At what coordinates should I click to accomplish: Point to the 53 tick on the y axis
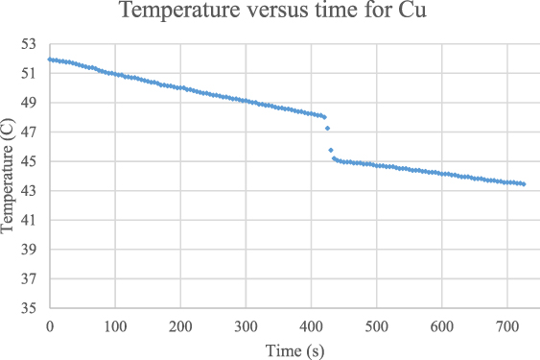click(x=27, y=43)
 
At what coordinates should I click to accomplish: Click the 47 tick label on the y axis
click(x=27, y=132)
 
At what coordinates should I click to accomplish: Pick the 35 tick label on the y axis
click(x=27, y=309)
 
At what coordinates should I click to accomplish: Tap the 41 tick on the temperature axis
click(x=27, y=220)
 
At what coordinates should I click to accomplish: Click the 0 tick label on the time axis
click(x=49, y=326)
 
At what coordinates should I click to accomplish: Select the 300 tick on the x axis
click(x=246, y=326)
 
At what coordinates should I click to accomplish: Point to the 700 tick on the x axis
click(x=507, y=326)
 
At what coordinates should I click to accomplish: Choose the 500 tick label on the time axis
click(x=377, y=326)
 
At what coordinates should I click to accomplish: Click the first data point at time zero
click(x=49, y=60)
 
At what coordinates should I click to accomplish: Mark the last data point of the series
click(x=524, y=183)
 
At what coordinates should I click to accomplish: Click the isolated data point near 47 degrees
click(x=327, y=128)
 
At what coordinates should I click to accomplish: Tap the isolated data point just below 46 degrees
click(x=331, y=150)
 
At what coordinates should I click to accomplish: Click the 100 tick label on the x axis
click(x=114, y=326)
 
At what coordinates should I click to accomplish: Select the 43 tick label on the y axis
click(x=27, y=191)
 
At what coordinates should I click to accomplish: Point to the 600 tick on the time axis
click(x=442, y=326)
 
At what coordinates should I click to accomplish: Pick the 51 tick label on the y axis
click(x=27, y=73)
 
